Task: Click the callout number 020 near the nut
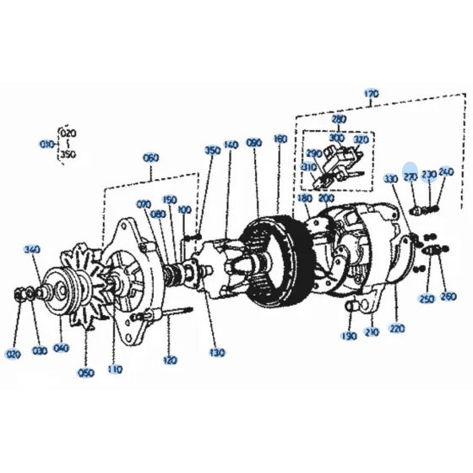tap(14, 355)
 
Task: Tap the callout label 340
tap(32, 249)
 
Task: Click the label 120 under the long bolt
tap(170, 360)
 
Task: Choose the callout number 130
tap(218, 351)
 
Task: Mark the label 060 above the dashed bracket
tap(151, 158)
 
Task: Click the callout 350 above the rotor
tap(212, 150)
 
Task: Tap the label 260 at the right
tap(448, 296)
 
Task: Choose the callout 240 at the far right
tap(447, 148)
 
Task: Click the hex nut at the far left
tap(19, 295)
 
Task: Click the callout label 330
tap(390, 156)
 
